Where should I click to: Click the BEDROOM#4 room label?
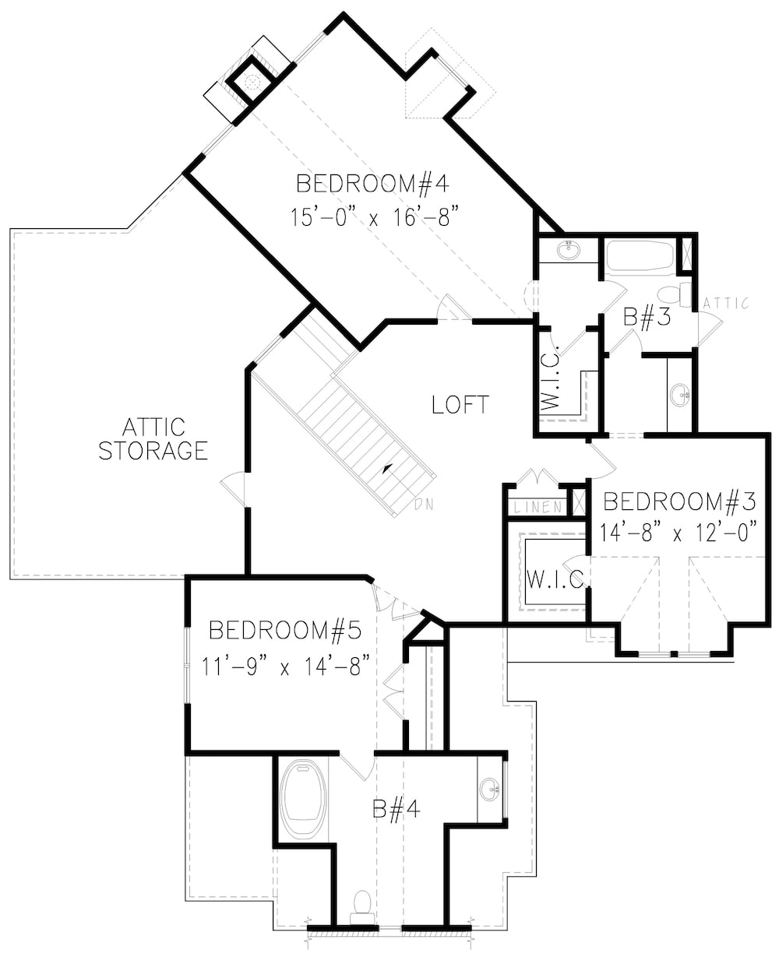(374, 185)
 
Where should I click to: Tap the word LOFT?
(460, 404)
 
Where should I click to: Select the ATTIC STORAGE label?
(153, 438)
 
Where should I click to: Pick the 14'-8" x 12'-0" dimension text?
(679, 533)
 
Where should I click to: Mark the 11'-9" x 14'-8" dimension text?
(284, 667)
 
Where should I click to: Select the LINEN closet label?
(538, 507)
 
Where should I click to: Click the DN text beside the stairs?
(424, 504)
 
